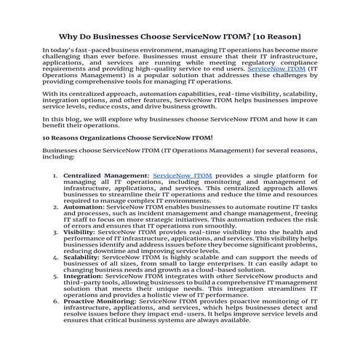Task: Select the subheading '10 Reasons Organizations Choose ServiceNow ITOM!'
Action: pos(127,136)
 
